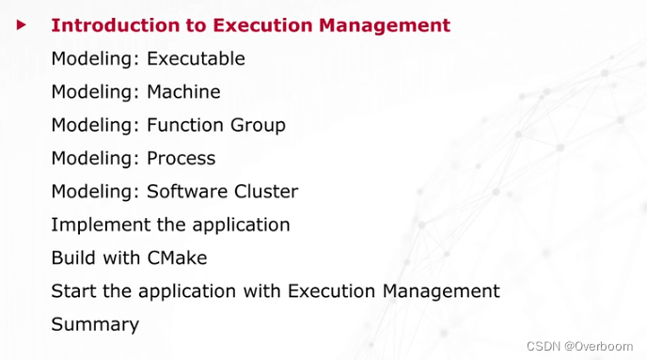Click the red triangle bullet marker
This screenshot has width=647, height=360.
[21, 24]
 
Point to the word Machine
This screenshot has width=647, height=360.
[183, 92]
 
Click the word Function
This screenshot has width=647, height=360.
[185, 125]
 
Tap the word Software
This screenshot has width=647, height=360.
[187, 192]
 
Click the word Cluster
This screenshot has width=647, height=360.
[266, 192]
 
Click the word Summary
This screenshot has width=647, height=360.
[95, 325]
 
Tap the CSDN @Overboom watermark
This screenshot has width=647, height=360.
[580, 345]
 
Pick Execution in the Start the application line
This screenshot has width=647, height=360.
[327, 291]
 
